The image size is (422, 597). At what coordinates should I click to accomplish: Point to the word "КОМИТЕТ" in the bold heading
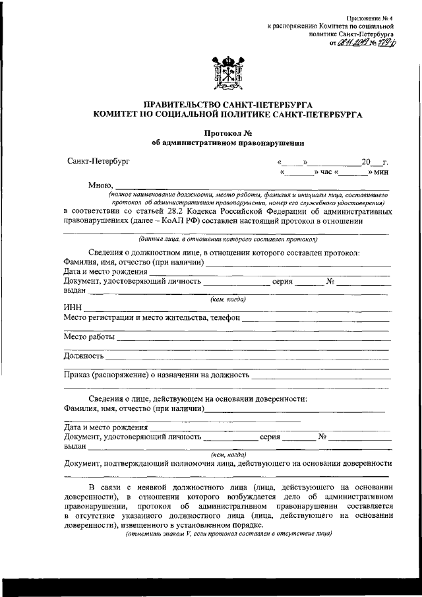(x=119, y=114)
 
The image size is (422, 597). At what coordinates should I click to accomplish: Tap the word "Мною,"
(x=101, y=185)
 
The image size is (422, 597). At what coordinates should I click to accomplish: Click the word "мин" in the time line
(x=382, y=172)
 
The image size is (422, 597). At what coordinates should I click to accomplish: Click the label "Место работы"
(x=89, y=337)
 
